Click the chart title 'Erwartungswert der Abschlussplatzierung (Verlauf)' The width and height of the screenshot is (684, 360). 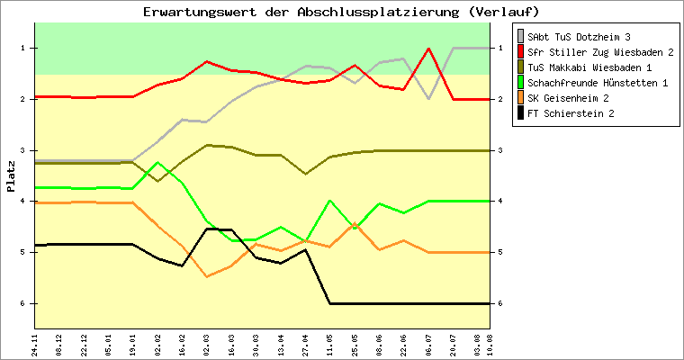[x=341, y=12]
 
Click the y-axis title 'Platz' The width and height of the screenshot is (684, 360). [x=11, y=176]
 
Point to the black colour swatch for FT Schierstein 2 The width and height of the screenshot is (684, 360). [x=520, y=113]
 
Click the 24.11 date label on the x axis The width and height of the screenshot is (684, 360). [x=35, y=345]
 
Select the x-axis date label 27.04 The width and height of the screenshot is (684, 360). [x=306, y=345]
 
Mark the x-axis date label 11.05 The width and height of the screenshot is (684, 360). [x=330, y=345]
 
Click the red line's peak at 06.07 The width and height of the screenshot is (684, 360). [x=429, y=49]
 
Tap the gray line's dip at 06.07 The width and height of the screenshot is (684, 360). [x=429, y=97]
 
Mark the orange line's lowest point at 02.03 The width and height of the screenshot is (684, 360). [x=208, y=276]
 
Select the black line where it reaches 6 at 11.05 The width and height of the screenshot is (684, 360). [x=330, y=303]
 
